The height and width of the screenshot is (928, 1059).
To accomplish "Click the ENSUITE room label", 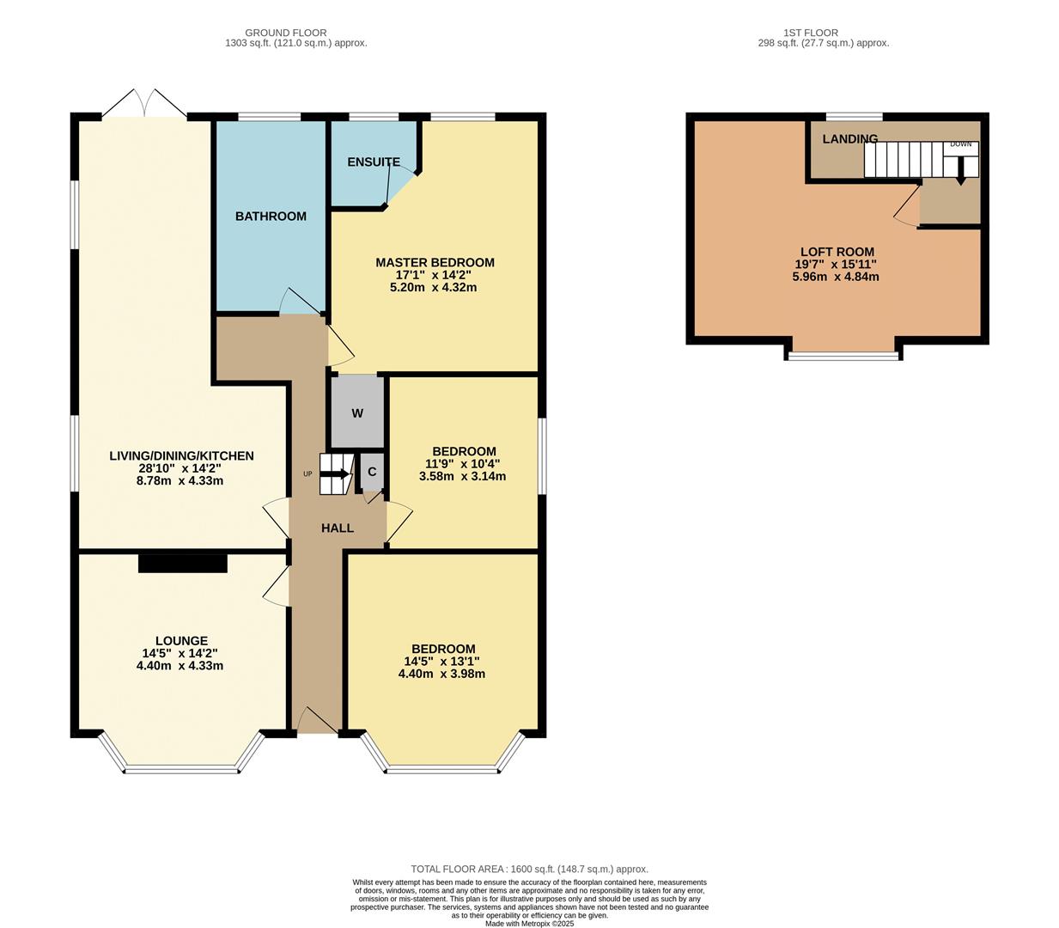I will click(x=373, y=162).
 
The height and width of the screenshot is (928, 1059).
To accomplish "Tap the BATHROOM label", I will click(x=271, y=216).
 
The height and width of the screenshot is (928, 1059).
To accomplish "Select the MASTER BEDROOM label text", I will click(x=435, y=262).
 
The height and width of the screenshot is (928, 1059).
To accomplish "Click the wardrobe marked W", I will click(x=357, y=413).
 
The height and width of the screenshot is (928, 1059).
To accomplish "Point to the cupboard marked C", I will click(x=371, y=471).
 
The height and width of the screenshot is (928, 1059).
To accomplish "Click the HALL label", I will click(x=337, y=528).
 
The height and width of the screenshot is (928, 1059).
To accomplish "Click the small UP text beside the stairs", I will click(x=307, y=473).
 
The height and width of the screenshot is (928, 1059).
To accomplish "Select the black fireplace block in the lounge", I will click(x=183, y=563).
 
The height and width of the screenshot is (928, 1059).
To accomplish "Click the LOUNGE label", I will click(x=181, y=640).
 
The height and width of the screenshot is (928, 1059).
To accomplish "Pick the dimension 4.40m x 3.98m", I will click(x=441, y=674).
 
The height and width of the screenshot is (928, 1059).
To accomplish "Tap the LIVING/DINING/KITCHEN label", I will click(x=181, y=455).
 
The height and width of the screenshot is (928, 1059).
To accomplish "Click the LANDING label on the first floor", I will click(x=849, y=138).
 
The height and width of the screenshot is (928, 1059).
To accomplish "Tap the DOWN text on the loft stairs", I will click(x=960, y=144).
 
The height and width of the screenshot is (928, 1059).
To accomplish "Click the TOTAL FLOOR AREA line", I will click(x=529, y=869).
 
